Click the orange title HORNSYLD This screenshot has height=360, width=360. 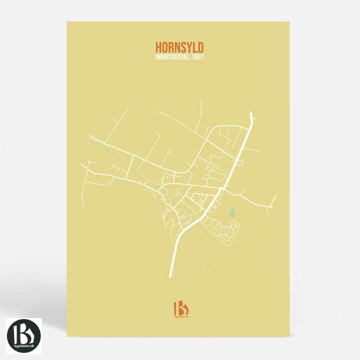(179, 47)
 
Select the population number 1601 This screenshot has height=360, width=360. (197, 57)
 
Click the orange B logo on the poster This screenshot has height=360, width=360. (180, 308)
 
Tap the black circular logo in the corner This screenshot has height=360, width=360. (23, 335)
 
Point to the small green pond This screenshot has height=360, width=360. (232, 211)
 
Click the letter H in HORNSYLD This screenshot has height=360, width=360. (158, 47)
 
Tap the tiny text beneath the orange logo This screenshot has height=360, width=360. (180, 318)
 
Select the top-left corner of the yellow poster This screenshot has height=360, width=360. (67, 22)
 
